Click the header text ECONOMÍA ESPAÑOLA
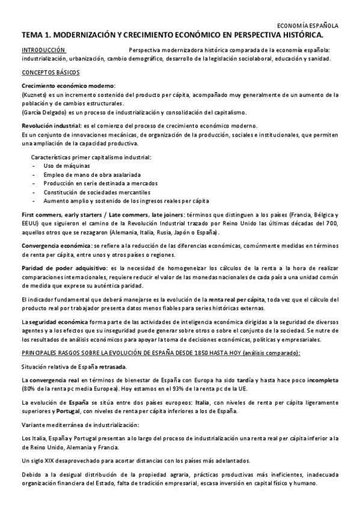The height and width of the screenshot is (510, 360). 310,26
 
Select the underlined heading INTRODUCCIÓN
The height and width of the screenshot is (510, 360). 43,50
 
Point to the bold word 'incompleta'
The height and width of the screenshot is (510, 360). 319,380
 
